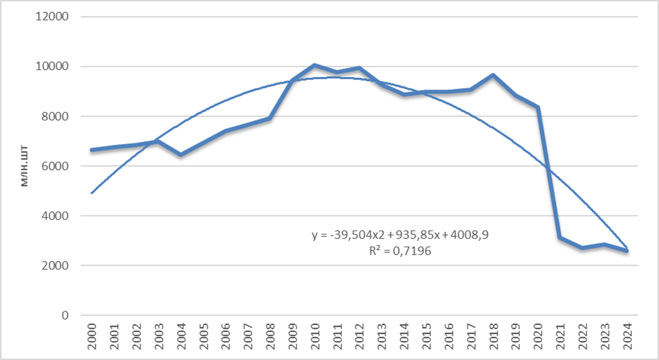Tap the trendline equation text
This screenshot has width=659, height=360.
click(400, 235)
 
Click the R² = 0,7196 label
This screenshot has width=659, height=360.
click(400, 251)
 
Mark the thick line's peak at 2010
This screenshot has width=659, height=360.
click(315, 65)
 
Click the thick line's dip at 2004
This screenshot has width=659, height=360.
click(181, 155)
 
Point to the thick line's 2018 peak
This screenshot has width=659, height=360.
click(493, 75)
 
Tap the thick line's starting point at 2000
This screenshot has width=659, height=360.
click(92, 150)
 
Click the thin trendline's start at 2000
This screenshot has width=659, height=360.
click(92, 193)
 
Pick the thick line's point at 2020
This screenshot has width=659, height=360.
click(538, 108)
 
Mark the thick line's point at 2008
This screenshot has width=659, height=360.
click(270, 118)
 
